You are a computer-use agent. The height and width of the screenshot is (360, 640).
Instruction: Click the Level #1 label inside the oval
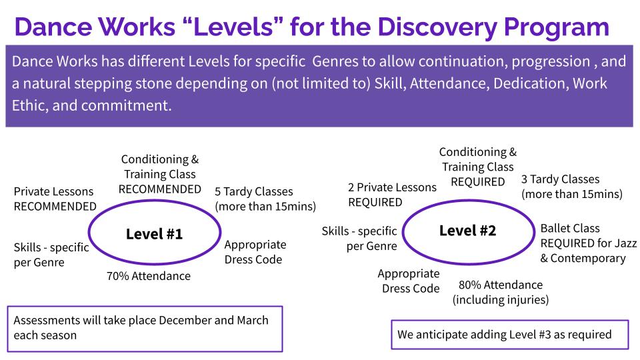154,234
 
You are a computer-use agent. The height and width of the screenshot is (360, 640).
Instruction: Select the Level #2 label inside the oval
467,231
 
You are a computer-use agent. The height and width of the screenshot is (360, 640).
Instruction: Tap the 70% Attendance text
148,276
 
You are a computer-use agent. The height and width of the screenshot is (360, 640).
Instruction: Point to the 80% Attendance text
500,285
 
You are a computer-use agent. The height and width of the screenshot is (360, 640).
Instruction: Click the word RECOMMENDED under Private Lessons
55,206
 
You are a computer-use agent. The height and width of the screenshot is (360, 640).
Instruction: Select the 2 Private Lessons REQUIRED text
392,195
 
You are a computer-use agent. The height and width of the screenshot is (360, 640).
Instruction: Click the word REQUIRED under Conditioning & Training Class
477,181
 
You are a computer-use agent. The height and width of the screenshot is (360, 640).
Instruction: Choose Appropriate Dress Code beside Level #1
255,251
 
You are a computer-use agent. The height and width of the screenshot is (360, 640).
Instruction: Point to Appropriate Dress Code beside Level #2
409,281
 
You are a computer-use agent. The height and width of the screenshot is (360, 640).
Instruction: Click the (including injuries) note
500,299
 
